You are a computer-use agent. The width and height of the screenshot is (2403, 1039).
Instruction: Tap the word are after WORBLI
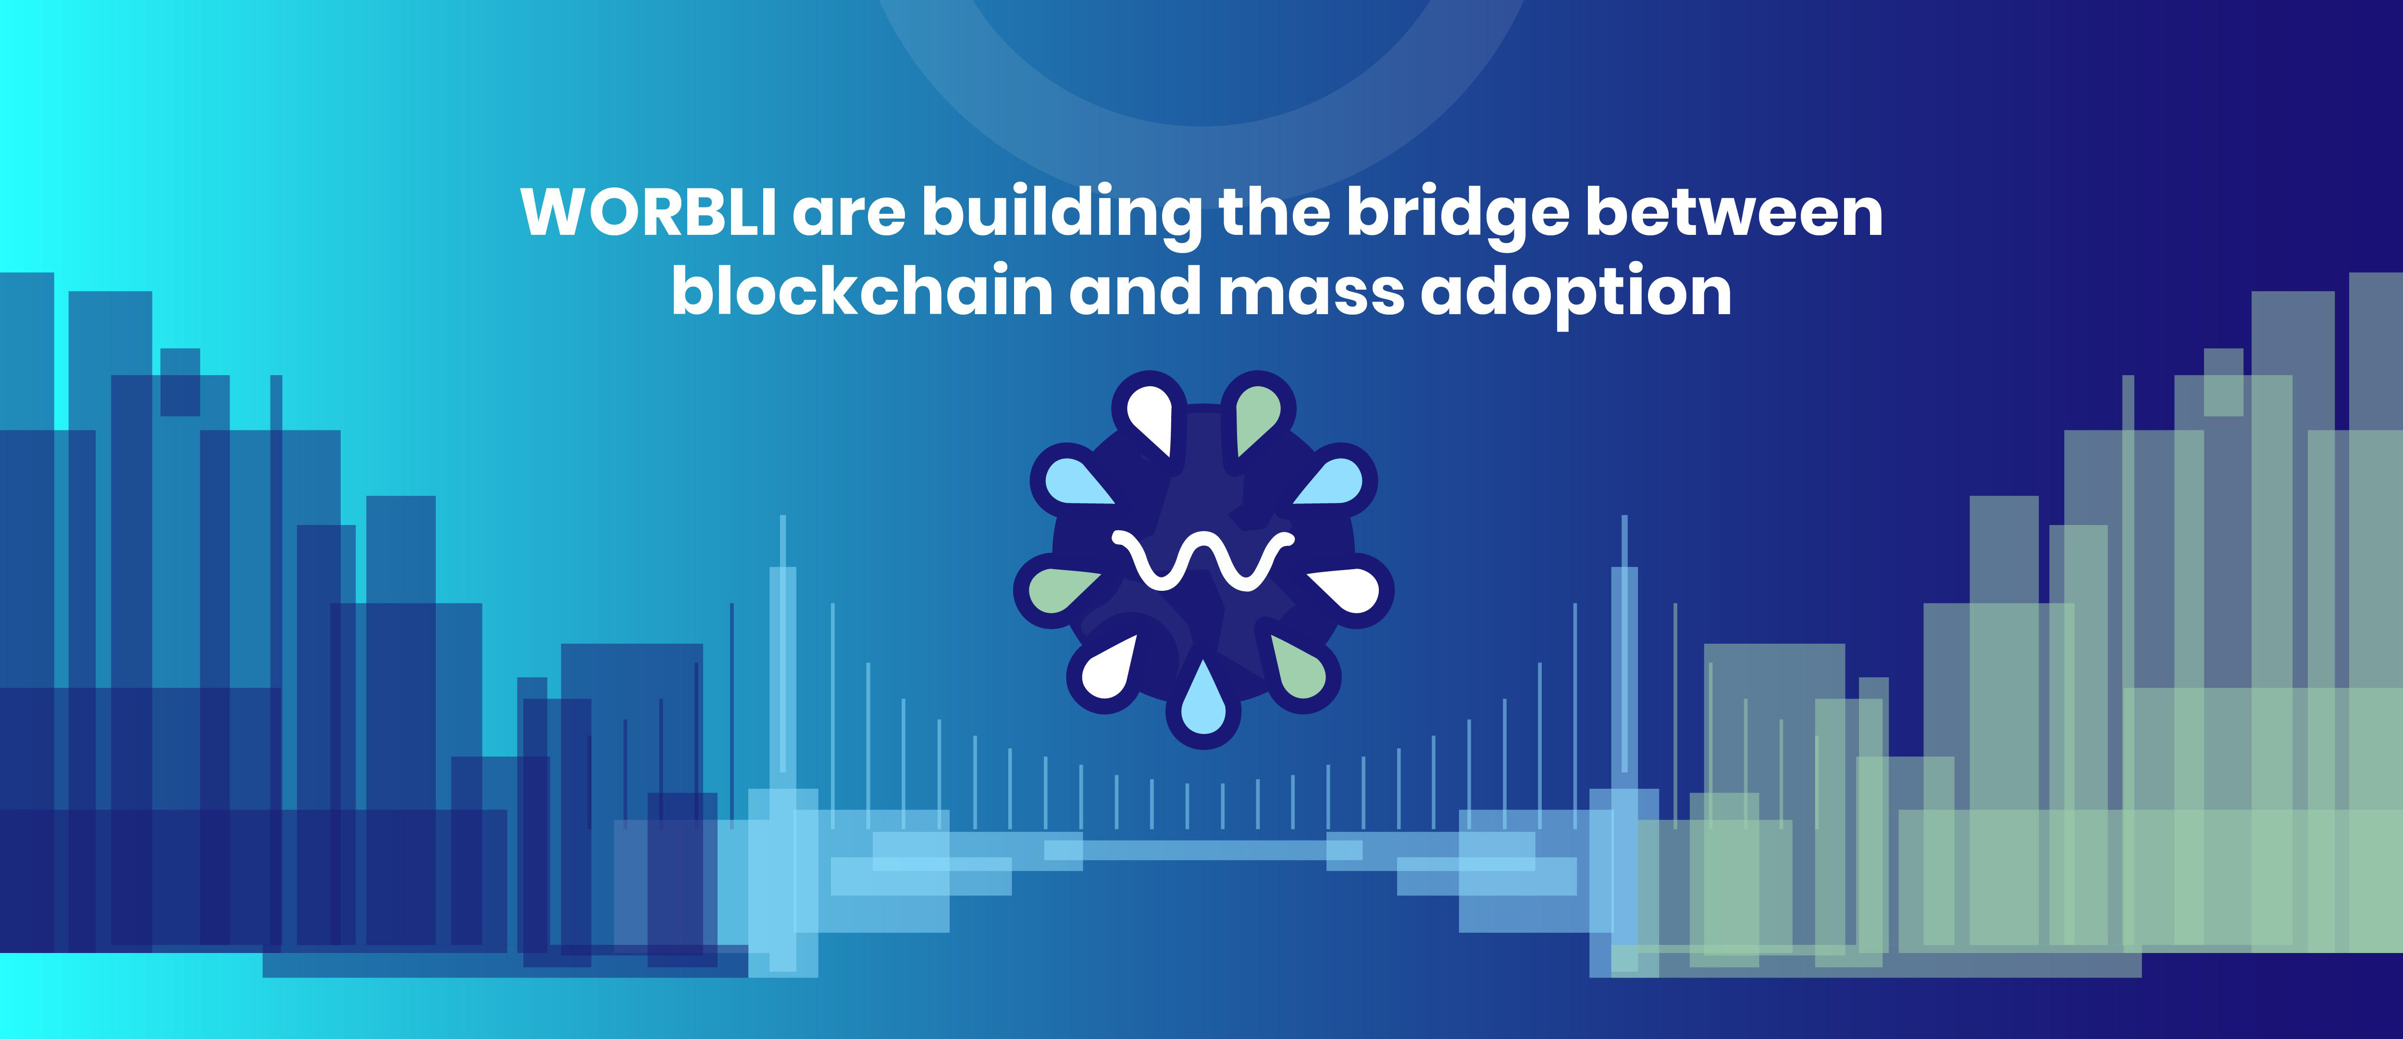click(849, 216)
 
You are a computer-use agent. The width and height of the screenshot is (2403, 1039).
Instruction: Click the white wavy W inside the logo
click(1203, 560)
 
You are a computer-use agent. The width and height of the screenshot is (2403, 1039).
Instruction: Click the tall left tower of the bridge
click(782, 746)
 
